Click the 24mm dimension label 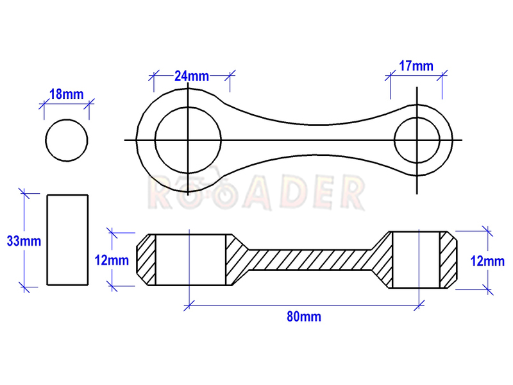point(191,76)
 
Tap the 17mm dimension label point(416,66)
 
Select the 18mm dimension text point(67,94)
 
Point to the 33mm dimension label point(24,241)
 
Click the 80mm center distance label point(304,316)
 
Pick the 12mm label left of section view point(112,261)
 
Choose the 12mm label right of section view point(487,261)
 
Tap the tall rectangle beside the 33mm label point(47,240)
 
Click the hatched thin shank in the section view point(310,260)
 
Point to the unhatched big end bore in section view point(190,260)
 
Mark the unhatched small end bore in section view point(416,260)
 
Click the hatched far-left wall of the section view point(146,260)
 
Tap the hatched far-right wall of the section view point(448,260)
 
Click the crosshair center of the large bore point(188,140)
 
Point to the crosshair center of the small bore point(417,140)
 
